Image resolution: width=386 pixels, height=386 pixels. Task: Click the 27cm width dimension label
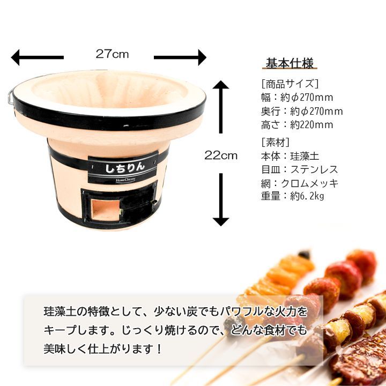[x=112, y=54]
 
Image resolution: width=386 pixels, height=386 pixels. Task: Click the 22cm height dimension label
[x=221, y=155]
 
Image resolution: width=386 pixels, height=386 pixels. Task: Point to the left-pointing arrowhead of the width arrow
[x=15, y=57]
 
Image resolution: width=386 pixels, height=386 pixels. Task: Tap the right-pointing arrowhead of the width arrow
[x=202, y=57]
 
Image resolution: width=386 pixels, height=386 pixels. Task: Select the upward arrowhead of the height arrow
[x=221, y=85]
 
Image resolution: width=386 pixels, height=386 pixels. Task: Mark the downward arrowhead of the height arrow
[x=221, y=222]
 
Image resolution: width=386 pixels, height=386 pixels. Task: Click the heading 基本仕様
[x=289, y=63]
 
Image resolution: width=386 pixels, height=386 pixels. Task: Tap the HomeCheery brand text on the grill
[x=125, y=180]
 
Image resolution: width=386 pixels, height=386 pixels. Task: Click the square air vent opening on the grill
[x=106, y=210]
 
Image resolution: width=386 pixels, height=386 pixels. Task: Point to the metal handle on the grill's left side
[x=11, y=97]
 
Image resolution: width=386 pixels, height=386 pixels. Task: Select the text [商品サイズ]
[x=289, y=84]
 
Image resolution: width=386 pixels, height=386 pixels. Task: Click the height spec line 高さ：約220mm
[x=297, y=124]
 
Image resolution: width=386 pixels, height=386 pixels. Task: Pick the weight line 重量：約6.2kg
[x=293, y=196]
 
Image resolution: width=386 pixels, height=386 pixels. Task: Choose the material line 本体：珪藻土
[x=290, y=156]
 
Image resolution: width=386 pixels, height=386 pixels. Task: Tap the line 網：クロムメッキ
[x=300, y=183]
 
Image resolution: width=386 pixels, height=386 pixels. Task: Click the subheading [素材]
[x=275, y=142]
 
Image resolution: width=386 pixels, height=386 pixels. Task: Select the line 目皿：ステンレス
[x=300, y=169]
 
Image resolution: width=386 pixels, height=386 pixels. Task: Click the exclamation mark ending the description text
[x=159, y=348]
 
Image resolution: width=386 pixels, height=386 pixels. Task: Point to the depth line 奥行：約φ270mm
[x=302, y=112]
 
